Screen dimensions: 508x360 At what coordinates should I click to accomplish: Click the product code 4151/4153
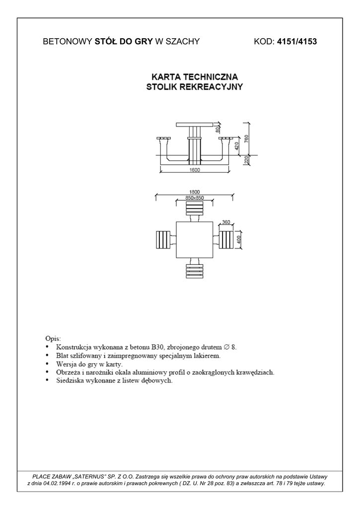click(297, 42)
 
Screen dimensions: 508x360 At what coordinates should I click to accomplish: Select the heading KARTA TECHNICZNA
click(195, 77)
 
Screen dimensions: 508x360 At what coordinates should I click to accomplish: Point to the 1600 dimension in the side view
click(194, 170)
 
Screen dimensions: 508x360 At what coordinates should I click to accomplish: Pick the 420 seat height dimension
click(237, 145)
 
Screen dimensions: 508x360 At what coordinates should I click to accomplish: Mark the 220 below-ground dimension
click(246, 160)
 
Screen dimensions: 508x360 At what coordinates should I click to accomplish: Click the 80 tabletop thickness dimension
click(218, 130)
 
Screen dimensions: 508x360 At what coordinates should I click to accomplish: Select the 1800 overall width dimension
click(194, 191)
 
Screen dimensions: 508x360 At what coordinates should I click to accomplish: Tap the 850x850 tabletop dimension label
click(195, 198)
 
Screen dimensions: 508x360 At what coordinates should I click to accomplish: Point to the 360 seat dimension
click(226, 222)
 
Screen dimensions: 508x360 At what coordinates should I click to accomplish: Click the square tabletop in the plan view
click(194, 240)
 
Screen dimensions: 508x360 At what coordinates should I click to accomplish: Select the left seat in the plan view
click(163, 240)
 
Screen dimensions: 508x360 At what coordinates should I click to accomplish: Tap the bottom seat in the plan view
click(194, 271)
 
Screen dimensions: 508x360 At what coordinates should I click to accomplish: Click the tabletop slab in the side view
click(194, 124)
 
